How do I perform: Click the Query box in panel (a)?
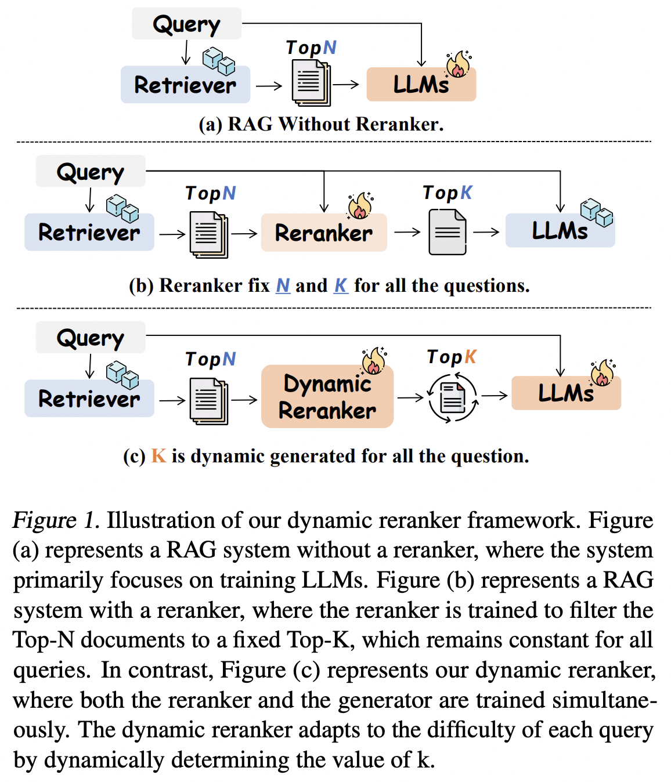pyautogui.click(x=186, y=24)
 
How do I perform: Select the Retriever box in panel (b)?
pyautogui.click(x=89, y=233)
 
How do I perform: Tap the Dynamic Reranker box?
pyautogui.click(x=327, y=397)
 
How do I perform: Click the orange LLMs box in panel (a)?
pyautogui.click(x=421, y=85)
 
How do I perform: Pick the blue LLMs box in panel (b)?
pyautogui.click(x=560, y=231)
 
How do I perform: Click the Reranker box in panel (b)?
pyautogui.click(x=323, y=233)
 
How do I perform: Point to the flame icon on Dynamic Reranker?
pyautogui.click(x=374, y=361)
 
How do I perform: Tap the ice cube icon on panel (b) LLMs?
pyautogui.click(x=597, y=212)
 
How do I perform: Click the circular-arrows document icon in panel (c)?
pyautogui.click(x=453, y=398)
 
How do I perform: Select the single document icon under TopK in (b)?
pyautogui.click(x=447, y=232)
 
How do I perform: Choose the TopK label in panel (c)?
pyautogui.click(x=451, y=357)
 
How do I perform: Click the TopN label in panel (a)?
pyautogui.click(x=311, y=48)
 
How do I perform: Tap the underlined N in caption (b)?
pyautogui.click(x=283, y=285)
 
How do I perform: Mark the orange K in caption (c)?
pyautogui.click(x=158, y=456)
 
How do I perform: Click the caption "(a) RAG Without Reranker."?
pyautogui.click(x=321, y=124)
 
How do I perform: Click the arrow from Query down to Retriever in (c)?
pyautogui.click(x=89, y=366)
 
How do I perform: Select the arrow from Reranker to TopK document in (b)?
pyautogui.click(x=407, y=232)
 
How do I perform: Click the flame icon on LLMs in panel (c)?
pyautogui.click(x=603, y=373)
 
